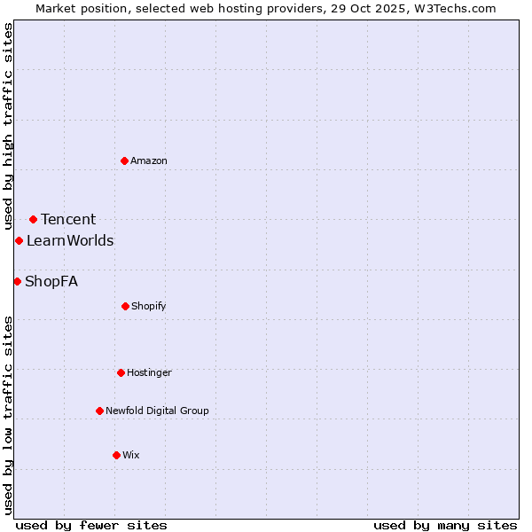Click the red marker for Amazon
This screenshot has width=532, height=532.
(125, 160)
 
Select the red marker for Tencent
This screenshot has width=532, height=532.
(33, 219)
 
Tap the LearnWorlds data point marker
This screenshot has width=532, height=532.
(19, 240)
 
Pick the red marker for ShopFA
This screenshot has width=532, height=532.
(17, 281)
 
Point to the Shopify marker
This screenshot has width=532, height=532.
(125, 306)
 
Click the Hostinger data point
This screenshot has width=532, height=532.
(121, 372)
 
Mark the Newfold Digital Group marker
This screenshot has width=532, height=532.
(99, 411)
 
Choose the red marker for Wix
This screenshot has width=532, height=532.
(116, 455)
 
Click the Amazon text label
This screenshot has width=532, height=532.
(149, 160)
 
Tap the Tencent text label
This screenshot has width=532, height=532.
(68, 219)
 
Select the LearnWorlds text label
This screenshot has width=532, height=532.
(70, 240)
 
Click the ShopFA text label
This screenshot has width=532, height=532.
(51, 281)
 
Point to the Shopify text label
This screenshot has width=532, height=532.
(149, 306)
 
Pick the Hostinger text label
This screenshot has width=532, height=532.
(149, 372)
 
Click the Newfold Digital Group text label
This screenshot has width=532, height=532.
(157, 411)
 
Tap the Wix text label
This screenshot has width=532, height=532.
(131, 455)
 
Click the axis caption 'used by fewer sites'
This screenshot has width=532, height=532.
(91, 525)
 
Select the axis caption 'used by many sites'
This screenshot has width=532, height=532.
(445, 525)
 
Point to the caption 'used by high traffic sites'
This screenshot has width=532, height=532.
(8, 126)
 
